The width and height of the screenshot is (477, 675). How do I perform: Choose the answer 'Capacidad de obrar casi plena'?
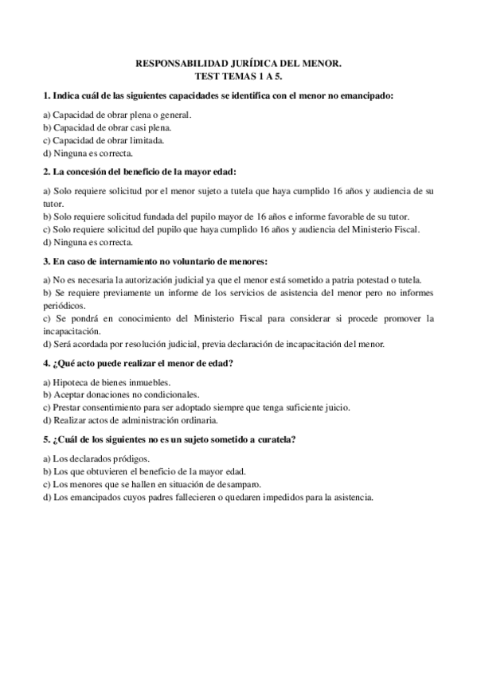[107, 127]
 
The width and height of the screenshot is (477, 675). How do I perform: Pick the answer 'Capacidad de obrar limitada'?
[104, 140]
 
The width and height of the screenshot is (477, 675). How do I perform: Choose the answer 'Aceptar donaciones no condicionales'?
[120, 395]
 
